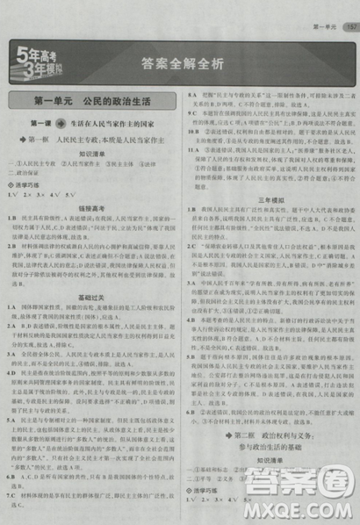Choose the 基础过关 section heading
[x=91, y=298]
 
